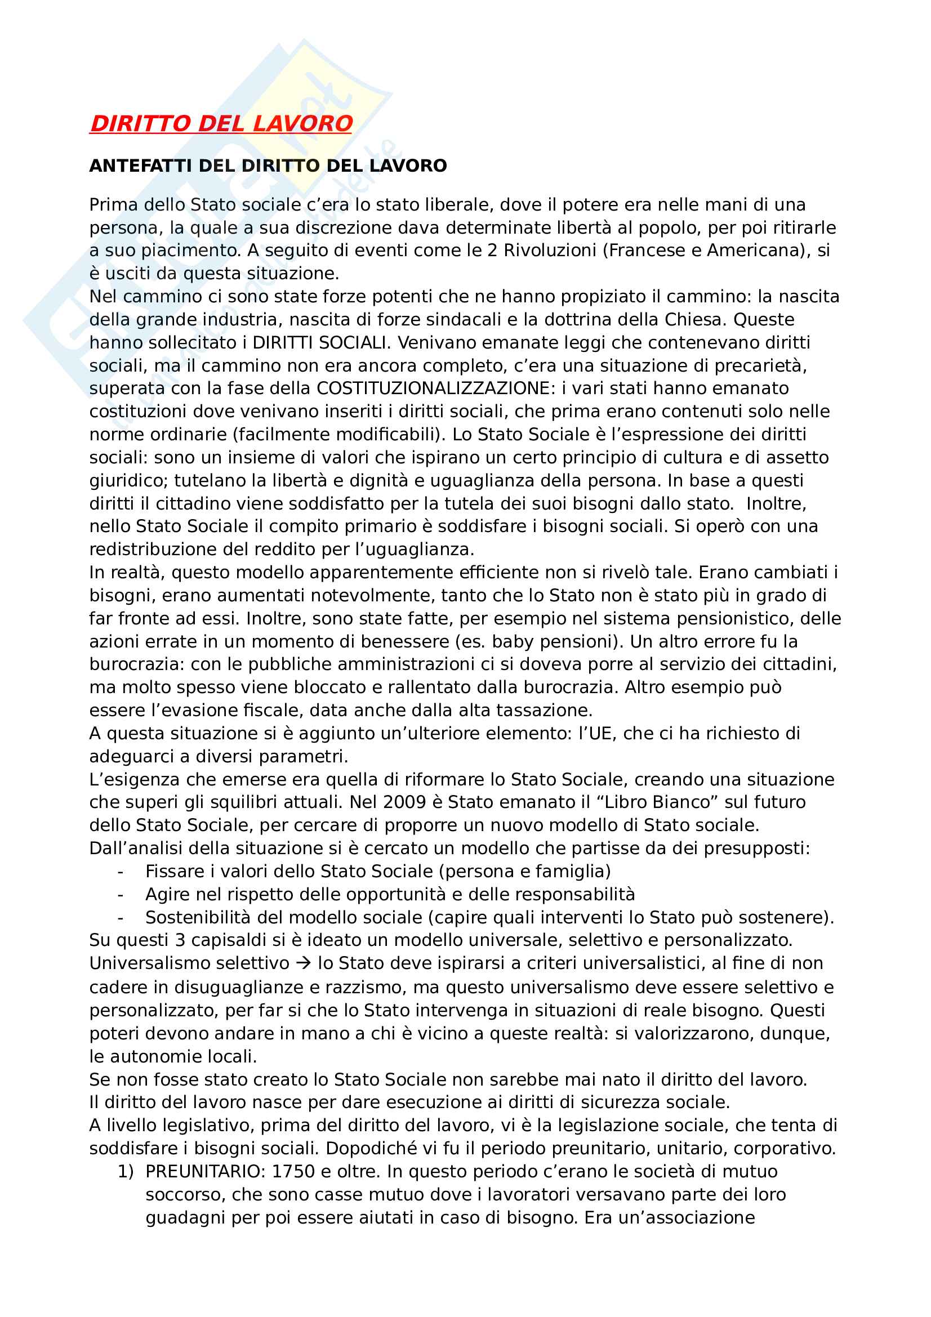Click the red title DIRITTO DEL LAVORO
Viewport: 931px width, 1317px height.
(x=221, y=124)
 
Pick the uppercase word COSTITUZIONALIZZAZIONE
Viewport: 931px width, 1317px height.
(x=434, y=389)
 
